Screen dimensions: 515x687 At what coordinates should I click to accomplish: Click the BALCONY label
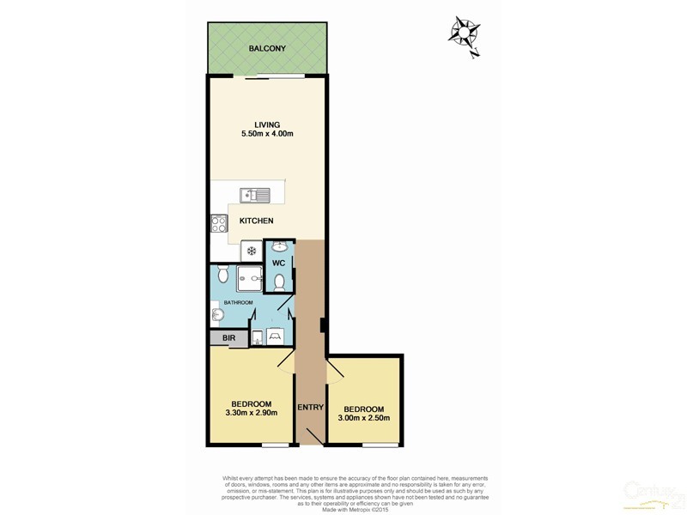coord(267,49)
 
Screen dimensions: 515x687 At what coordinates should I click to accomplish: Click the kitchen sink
coord(255,195)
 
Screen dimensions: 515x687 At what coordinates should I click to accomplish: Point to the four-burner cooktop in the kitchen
coord(218,224)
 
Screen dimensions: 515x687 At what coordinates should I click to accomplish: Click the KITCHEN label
coord(257,221)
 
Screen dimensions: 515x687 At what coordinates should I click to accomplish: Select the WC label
coord(279,263)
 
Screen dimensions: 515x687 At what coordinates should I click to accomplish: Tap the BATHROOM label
coord(238,303)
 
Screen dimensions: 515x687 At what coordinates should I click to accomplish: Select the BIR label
coord(228,339)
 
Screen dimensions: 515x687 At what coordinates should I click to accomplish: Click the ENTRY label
coord(309,407)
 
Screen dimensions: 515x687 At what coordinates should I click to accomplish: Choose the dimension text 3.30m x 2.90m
coord(251,419)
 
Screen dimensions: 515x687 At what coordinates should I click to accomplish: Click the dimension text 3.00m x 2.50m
coord(364,419)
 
